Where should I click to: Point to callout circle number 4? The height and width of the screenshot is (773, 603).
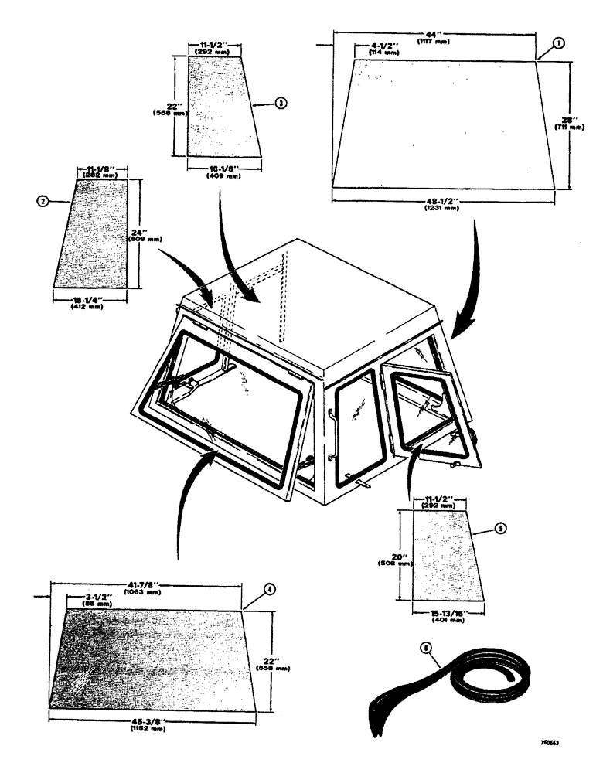tap(269, 589)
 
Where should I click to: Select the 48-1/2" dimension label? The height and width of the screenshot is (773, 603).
tap(442, 201)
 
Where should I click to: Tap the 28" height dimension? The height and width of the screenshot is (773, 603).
tap(570, 119)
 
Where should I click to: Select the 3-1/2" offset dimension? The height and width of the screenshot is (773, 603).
tap(80, 598)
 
